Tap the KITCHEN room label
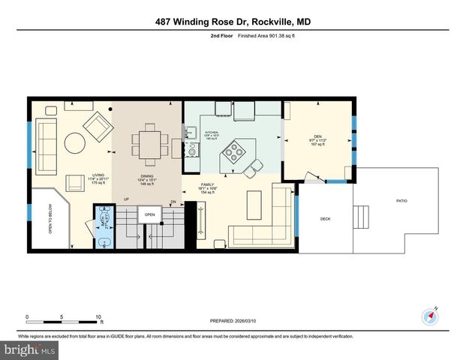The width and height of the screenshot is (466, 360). pyautogui.click(x=211, y=133)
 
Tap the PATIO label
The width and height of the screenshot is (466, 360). pyautogui.click(x=403, y=200)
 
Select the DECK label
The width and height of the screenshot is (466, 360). pyautogui.click(x=325, y=219)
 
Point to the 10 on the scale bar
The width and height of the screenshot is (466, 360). pyautogui.click(x=98, y=316)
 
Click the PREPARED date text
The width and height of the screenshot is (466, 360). pyautogui.click(x=233, y=321)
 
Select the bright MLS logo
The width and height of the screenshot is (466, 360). pyautogui.click(x=28, y=349)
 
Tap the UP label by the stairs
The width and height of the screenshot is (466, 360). pyautogui.click(x=127, y=199)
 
